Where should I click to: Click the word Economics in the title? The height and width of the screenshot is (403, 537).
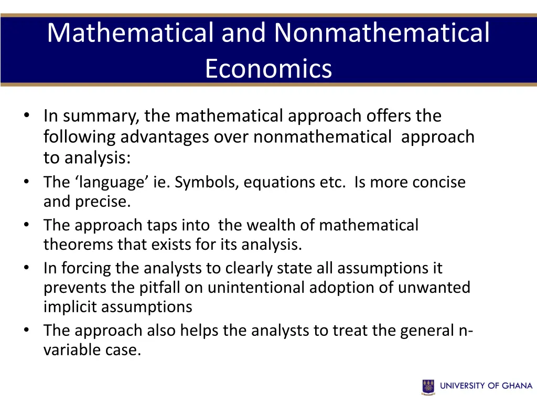point(268,69)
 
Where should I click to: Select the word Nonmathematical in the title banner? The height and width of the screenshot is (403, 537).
point(382,33)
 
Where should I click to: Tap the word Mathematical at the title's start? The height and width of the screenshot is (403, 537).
point(130,33)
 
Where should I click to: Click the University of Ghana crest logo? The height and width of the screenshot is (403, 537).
point(428,386)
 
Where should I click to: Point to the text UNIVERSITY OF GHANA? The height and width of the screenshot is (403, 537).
point(486,386)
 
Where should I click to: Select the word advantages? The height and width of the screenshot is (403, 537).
point(165,137)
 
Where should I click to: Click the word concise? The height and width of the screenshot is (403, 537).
point(438,182)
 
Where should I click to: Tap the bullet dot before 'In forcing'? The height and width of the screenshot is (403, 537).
point(26,268)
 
